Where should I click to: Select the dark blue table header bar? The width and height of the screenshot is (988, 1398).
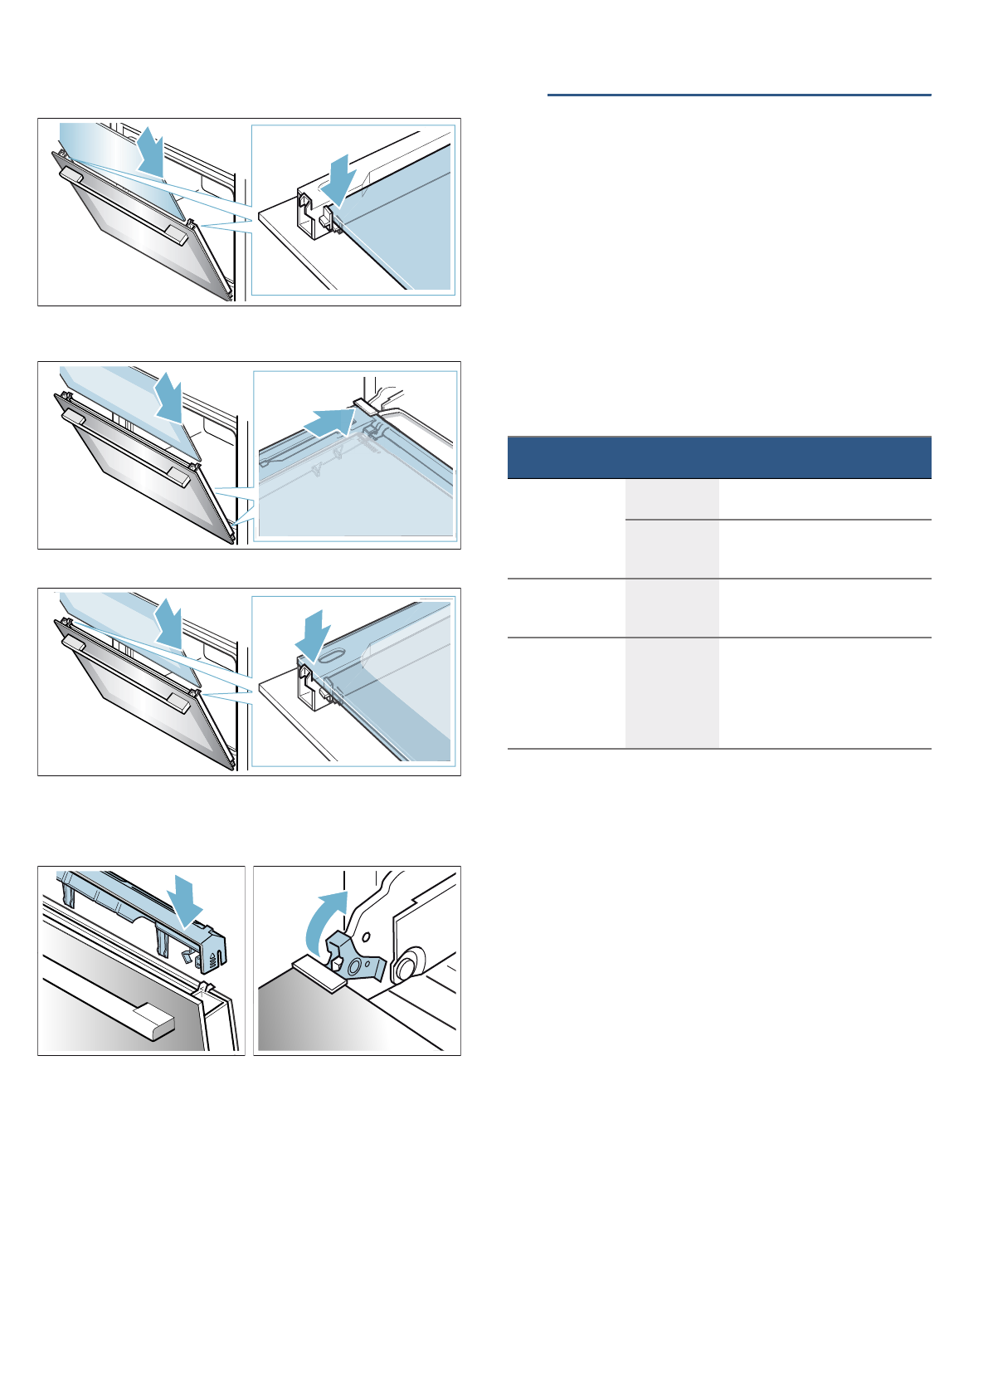pos(718,457)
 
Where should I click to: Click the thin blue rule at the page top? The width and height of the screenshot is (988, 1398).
pos(738,95)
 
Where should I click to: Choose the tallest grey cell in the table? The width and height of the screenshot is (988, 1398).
pos(671,692)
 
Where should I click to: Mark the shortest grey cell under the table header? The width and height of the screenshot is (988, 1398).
pos(671,499)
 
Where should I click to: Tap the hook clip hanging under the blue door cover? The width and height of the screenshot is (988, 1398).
pos(188,957)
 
